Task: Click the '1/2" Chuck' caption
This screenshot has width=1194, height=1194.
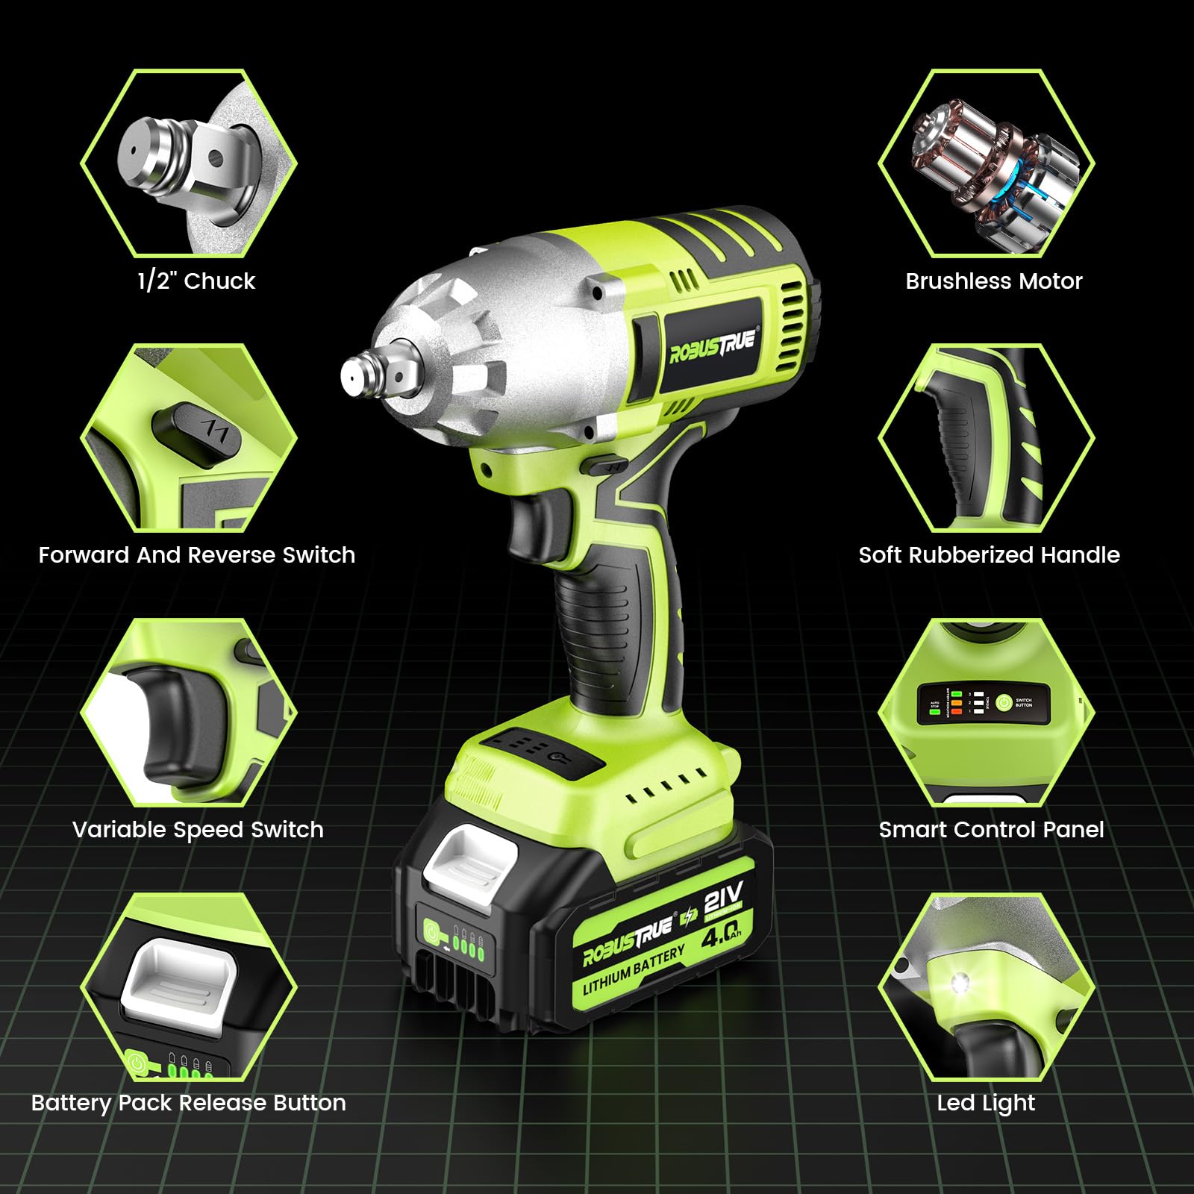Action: pos(196,281)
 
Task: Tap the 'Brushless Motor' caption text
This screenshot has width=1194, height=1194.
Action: pos(993,281)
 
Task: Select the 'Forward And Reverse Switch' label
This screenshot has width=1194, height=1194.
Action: pos(196,555)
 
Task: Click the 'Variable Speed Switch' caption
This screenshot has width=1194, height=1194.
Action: pos(198,830)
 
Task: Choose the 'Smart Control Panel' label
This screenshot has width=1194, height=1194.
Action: pos(991,830)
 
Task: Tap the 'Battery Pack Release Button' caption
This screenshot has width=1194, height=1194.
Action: pos(188,1103)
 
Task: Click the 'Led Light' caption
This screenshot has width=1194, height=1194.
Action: pos(986,1103)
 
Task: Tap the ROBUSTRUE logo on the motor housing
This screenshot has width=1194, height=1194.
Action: pos(712,345)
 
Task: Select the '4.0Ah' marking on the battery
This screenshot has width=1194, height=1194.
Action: pos(721,934)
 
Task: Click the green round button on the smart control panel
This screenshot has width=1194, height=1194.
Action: pos(1004,702)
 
